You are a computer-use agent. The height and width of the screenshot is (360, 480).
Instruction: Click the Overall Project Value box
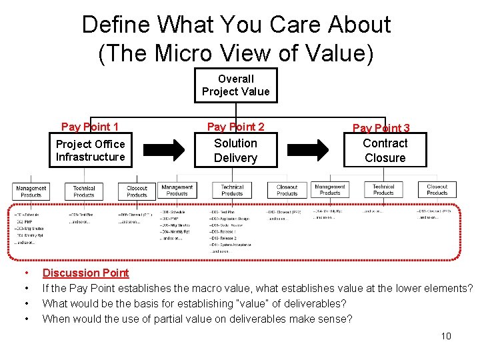(x=235, y=85)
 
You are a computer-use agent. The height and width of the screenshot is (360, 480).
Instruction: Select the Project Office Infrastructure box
(x=90, y=151)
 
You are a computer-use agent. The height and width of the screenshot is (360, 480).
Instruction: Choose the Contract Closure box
(x=385, y=151)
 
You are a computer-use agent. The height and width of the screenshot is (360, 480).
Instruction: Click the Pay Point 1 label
(x=90, y=127)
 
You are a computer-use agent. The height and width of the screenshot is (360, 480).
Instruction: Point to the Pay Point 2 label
(x=235, y=127)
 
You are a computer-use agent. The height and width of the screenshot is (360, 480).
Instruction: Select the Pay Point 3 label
(x=381, y=128)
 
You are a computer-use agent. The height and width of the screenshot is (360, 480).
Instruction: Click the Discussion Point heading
(x=85, y=273)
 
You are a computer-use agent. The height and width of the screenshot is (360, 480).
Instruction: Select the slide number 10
(x=446, y=335)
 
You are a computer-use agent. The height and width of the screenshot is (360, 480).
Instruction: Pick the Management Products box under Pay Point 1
(x=31, y=191)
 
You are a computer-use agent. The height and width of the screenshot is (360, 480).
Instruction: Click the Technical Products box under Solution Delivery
(x=232, y=190)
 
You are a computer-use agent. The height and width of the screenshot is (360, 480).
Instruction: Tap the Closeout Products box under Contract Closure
(x=437, y=190)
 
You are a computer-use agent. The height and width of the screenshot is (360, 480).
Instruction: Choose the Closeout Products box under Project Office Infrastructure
(x=137, y=191)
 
